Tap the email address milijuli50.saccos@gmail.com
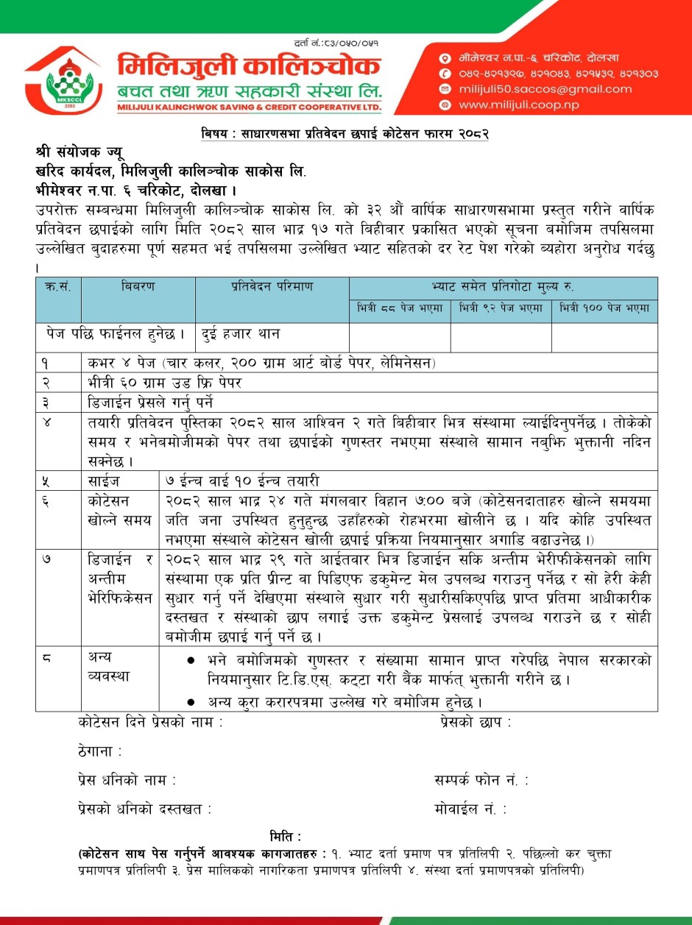tap(544, 89)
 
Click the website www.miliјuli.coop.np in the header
tap(518, 105)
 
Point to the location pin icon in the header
tap(444, 57)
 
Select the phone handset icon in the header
tap(444, 74)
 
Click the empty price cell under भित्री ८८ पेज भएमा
tap(399, 336)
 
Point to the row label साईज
tap(100, 481)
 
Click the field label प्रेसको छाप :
tap(476, 723)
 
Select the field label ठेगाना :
tap(99, 751)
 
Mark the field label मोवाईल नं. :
tap(471, 809)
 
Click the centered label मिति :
tap(286, 836)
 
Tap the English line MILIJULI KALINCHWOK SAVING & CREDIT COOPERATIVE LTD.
tap(249, 107)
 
